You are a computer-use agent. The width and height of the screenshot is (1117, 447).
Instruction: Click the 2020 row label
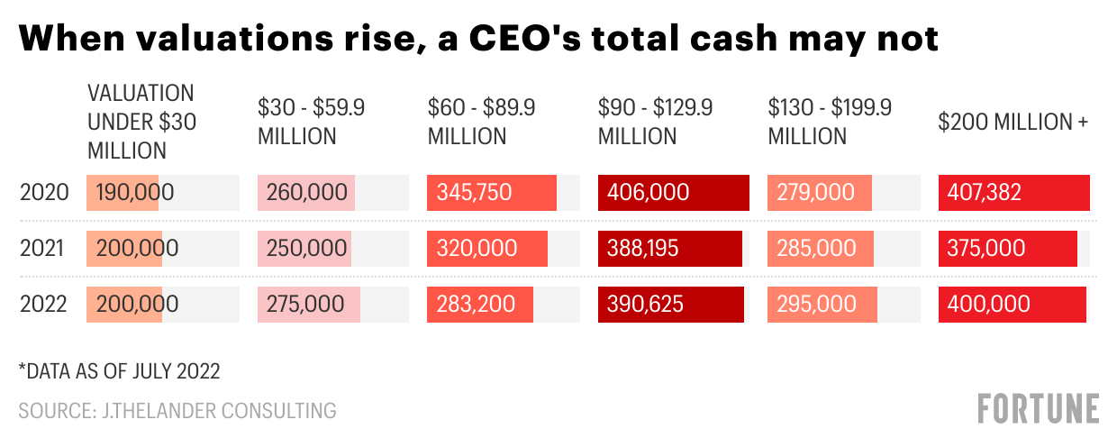pyautogui.click(x=44, y=193)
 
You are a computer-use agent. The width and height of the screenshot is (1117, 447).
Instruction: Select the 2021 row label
pyautogui.click(x=44, y=249)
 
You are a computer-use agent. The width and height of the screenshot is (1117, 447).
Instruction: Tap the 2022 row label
pyautogui.click(x=44, y=305)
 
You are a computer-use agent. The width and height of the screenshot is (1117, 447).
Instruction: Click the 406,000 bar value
pyautogui.click(x=673, y=193)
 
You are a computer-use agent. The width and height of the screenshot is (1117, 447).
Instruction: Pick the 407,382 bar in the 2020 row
pyautogui.click(x=1013, y=193)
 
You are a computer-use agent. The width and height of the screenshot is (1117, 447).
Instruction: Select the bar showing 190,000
pyautogui.click(x=123, y=193)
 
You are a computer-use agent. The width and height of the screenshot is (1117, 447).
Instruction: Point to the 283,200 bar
pyautogui.click(x=479, y=305)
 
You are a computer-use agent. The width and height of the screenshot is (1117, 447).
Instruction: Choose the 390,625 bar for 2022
pyautogui.click(x=670, y=305)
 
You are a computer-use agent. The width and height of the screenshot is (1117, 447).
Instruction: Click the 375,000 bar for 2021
pyautogui.click(x=1007, y=249)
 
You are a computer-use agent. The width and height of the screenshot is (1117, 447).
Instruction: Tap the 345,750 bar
pyautogui.click(x=492, y=193)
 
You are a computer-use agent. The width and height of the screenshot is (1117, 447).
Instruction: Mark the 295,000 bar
pyautogui.click(x=821, y=305)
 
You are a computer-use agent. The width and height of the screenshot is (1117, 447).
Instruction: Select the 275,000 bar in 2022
pyautogui.click(x=309, y=305)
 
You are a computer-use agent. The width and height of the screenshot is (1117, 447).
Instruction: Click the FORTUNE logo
pyautogui.click(x=1038, y=408)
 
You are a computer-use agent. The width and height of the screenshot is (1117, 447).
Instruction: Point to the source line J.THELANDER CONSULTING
pyautogui.click(x=177, y=411)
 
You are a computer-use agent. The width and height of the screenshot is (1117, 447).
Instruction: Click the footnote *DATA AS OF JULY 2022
pyautogui.click(x=120, y=370)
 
